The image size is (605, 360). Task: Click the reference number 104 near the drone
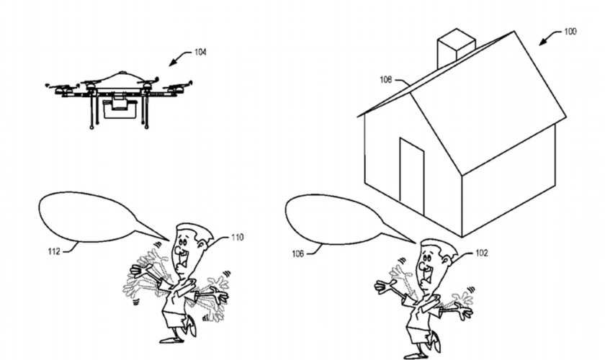click(x=200, y=52)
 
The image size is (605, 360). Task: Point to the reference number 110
click(x=238, y=236)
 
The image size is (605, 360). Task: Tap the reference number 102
click(x=482, y=253)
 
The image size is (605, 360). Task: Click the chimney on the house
click(x=455, y=47)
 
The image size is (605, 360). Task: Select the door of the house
click(x=412, y=176)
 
